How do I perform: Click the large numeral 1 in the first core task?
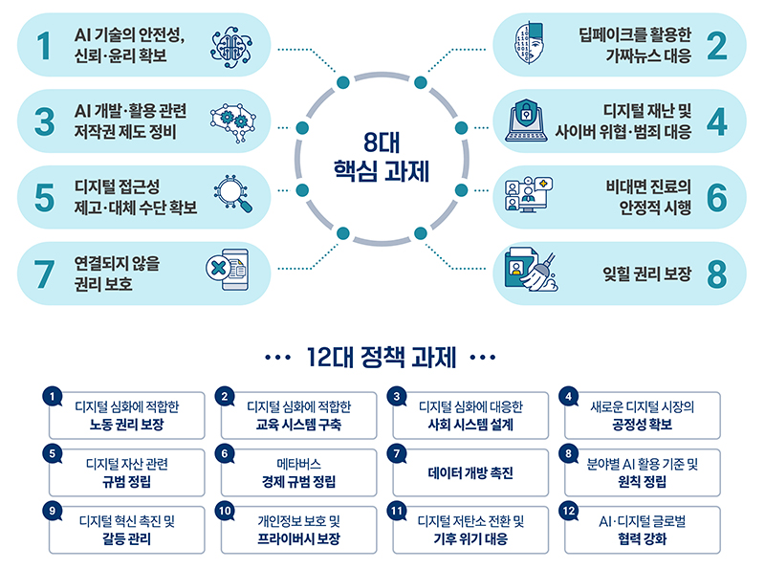click(x=44, y=46)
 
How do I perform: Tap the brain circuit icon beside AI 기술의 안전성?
click(x=231, y=47)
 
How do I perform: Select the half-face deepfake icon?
click(x=529, y=42)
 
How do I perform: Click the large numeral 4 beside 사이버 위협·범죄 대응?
click(x=716, y=121)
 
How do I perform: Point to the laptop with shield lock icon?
click(x=526, y=120)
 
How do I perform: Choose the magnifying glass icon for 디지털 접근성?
click(x=233, y=194)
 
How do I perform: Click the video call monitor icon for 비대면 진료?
click(x=529, y=194)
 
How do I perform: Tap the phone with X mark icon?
click(x=228, y=270)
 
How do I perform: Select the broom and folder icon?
click(x=531, y=271)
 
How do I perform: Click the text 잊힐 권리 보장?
click(x=647, y=274)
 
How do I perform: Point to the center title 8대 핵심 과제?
click(x=382, y=157)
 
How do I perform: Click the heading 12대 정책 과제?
click(x=381, y=357)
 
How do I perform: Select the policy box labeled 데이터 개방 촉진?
click(x=470, y=472)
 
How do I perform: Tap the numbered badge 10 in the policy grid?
click(x=225, y=511)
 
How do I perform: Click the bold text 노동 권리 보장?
click(x=127, y=424)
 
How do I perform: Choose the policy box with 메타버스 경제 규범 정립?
click(x=298, y=472)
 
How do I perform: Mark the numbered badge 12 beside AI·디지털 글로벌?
click(x=568, y=511)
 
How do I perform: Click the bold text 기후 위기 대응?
click(x=470, y=538)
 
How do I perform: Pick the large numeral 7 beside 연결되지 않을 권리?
click(x=44, y=274)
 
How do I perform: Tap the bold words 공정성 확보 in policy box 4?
click(x=642, y=424)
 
